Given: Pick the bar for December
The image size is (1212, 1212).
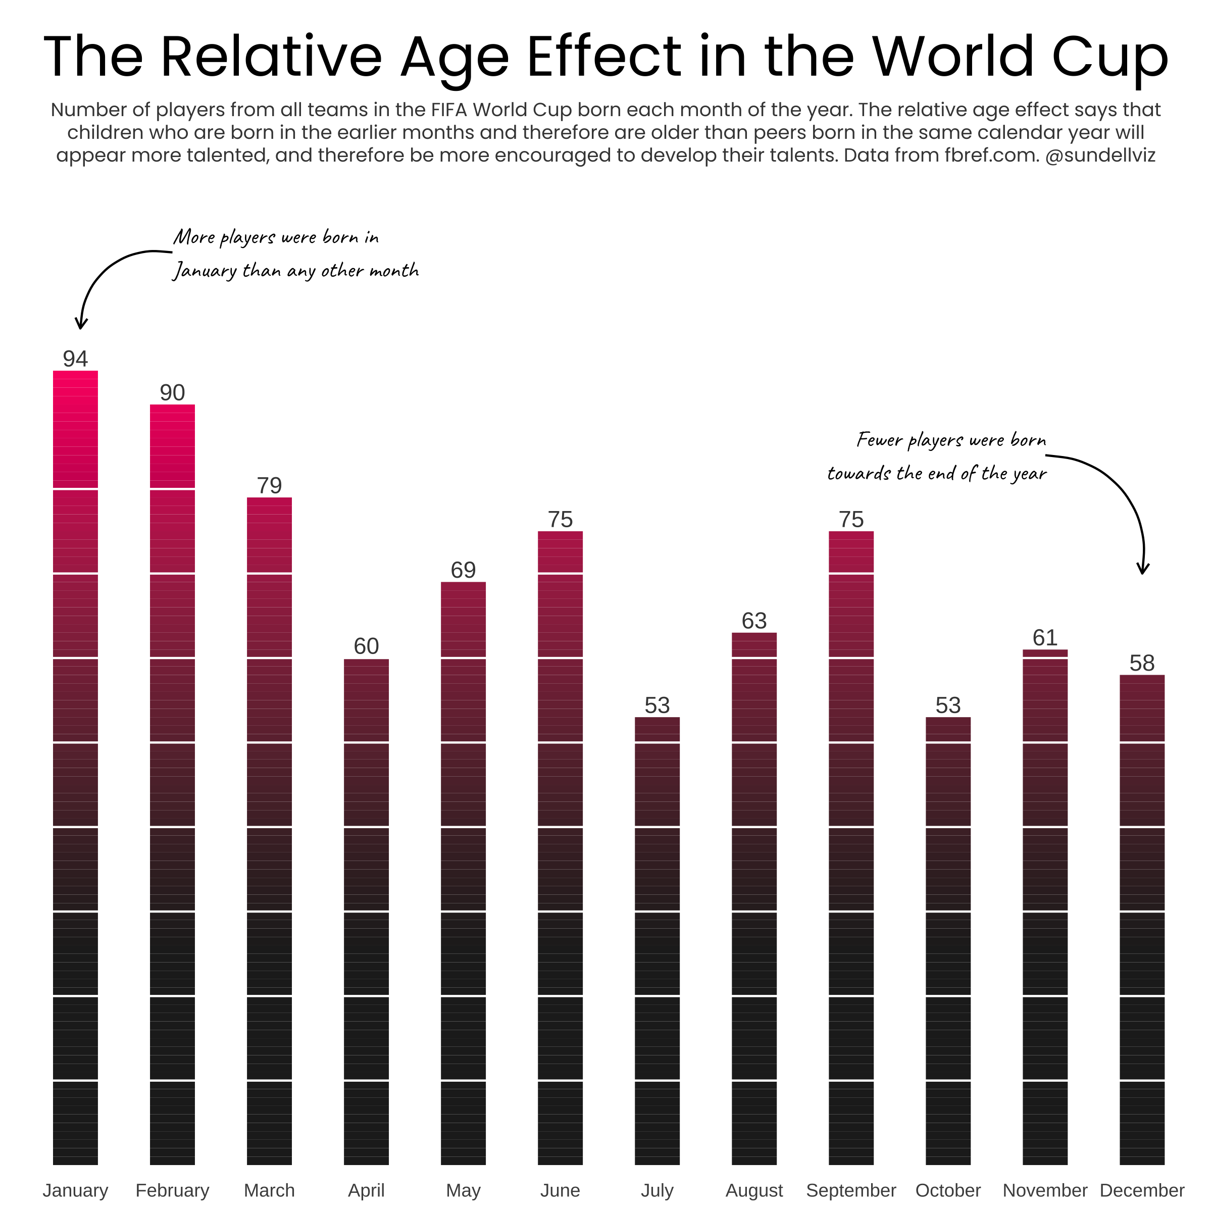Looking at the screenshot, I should pyautogui.click(x=1142, y=920).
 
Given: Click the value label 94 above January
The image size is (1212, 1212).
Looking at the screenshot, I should pyautogui.click(x=75, y=359).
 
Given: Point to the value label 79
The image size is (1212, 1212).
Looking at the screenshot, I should pyautogui.click(x=269, y=485).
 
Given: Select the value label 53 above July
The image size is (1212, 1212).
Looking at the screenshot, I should pyautogui.click(x=657, y=705).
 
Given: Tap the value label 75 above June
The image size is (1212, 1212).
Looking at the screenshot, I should pyautogui.click(x=560, y=520).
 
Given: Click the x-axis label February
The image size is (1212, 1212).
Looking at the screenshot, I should pyautogui.click(x=173, y=1190).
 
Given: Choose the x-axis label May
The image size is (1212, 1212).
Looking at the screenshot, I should pyautogui.click(x=463, y=1190).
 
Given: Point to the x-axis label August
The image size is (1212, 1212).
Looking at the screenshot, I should pyautogui.click(x=754, y=1190).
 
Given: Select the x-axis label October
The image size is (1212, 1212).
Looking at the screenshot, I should pyautogui.click(x=948, y=1190).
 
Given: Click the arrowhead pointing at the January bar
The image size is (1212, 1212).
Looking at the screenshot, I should pyautogui.click(x=81, y=324).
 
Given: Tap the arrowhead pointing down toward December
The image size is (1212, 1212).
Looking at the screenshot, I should pyautogui.click(x=1143, y=568).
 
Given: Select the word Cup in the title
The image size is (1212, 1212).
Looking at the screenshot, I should pyautogui.click(x=1110, y=58).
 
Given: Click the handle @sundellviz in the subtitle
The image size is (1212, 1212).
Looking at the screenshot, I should pyautogui.click(x=1100, y=155).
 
